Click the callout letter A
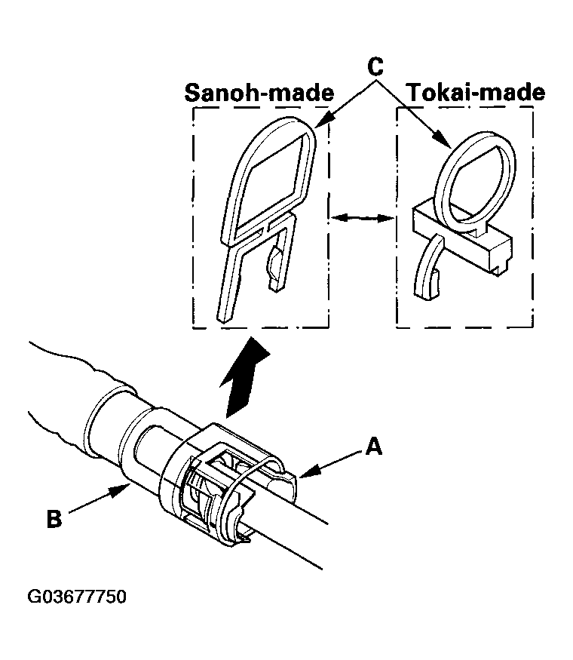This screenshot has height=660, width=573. click(x=373, y=448)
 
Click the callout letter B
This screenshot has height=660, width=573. click(x=54, y=520)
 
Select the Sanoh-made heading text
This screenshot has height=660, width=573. click(x=259, y=93)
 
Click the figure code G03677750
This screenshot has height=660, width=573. click(x=77, y=597)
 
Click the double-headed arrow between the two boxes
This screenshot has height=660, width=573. click(x=363, y=218)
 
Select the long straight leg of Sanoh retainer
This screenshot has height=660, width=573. click(x=230, y=279)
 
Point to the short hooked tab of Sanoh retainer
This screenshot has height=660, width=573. click(x=277, y=260)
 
